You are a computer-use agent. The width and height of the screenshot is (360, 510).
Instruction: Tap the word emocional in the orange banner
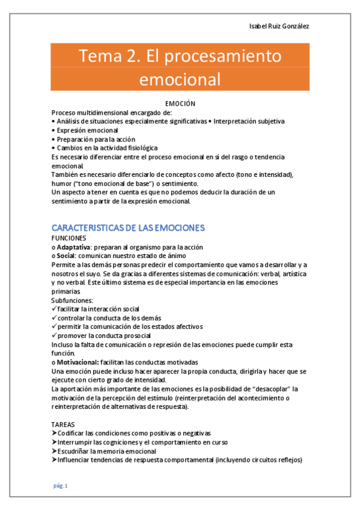[180, 79]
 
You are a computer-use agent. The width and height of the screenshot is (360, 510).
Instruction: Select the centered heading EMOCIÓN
[180, 104]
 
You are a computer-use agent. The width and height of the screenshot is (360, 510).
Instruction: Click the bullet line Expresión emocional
[85, 130]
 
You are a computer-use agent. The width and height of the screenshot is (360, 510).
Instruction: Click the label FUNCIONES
[69, 238]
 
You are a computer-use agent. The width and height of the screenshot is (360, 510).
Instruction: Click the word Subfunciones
[72, 300]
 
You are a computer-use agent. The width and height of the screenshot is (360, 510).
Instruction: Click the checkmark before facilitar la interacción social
[54, 309]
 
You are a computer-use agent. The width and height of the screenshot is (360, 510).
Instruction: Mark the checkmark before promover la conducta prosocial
[54, 335]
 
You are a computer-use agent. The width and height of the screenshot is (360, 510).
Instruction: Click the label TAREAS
[63, 424]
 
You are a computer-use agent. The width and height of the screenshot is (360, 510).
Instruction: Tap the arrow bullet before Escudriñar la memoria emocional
[55, 451]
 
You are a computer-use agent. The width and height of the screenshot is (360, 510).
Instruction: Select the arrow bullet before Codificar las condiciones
[55, 433]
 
